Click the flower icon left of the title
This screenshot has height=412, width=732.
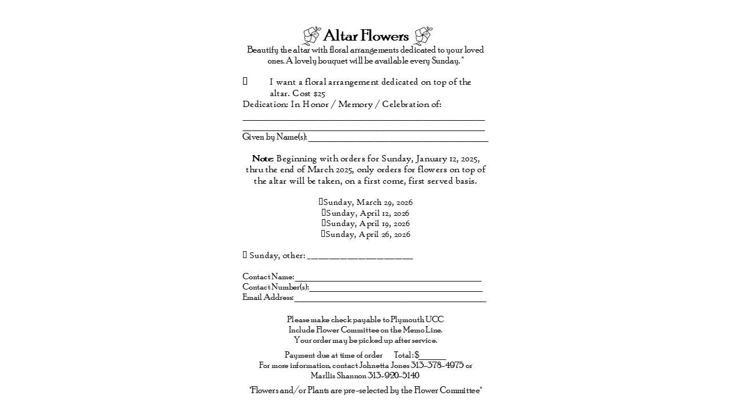coord(312,35)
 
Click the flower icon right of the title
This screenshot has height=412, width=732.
coord(423,35)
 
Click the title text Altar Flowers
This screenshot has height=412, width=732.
coord(366,36)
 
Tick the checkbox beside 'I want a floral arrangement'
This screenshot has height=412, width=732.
coord(245,82)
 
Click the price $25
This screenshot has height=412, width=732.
coord(319,93)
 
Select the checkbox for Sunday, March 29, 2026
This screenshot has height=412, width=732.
coord(321,202)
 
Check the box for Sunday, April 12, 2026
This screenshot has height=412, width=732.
coord(324,213)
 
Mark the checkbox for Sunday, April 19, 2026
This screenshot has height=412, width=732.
coord(324,223)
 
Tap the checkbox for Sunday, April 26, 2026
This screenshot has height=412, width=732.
coord(323,234)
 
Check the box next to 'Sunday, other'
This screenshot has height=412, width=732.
coord(245,255)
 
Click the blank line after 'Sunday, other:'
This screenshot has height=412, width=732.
coord(360,256)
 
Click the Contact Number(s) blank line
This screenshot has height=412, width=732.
coord(396,288)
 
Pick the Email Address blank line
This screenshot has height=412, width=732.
coord(389,299)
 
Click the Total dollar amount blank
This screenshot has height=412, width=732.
coord(432,356)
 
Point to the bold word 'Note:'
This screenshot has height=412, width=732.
coord(263,159)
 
